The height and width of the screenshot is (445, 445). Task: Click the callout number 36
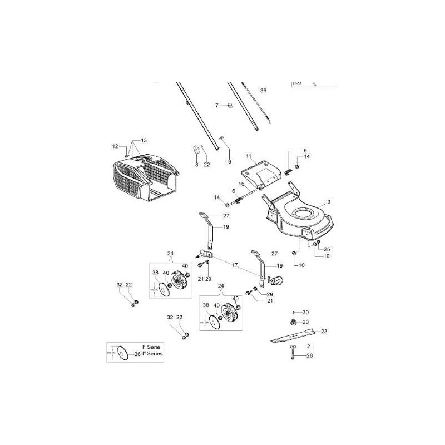coord(263,90)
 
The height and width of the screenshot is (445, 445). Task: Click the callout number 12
coord(115,146)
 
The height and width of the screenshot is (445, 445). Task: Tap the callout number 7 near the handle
coord(217,105)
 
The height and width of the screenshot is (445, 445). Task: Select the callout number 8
coord(196,165)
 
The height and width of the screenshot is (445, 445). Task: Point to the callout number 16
coord(242,184)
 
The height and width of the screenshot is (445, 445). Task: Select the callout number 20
coord(305,322)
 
